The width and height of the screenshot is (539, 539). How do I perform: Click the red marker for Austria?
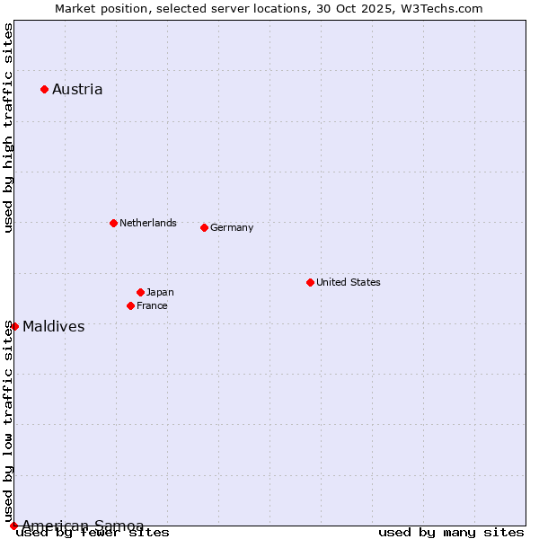tap(44, 89)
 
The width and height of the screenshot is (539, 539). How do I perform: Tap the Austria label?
tap(77, 89)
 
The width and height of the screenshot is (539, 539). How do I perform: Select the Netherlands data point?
tap(113, 223)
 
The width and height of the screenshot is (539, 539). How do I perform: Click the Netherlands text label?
tap(148, 223)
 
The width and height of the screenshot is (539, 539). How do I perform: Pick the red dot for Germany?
tap(204, 227)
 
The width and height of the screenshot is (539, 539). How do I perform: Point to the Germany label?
tap(232, 227)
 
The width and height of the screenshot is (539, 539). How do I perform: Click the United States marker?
tap(310, 282)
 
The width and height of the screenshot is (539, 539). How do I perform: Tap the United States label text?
tap(349, 282)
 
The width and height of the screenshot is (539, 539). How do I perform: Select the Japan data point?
tap(140, 292)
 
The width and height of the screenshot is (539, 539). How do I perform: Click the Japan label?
tap(160, 292)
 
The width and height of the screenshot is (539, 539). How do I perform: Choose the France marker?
tap(130, 305)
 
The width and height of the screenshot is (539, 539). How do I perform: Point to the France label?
tap(152, 305)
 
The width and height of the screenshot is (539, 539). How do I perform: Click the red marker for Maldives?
tap(14, 326)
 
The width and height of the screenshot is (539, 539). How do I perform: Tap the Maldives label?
tap(54, 326)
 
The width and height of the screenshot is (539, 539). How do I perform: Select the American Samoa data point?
tap(13, 526)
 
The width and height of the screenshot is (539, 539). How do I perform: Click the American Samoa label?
tap(83, 526)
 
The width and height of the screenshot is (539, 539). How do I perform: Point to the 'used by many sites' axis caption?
tap(451, 533)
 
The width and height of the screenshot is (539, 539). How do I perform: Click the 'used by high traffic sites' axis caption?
tap(8, 128)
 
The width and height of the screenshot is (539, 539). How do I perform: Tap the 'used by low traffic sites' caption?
tap(8, 421)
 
